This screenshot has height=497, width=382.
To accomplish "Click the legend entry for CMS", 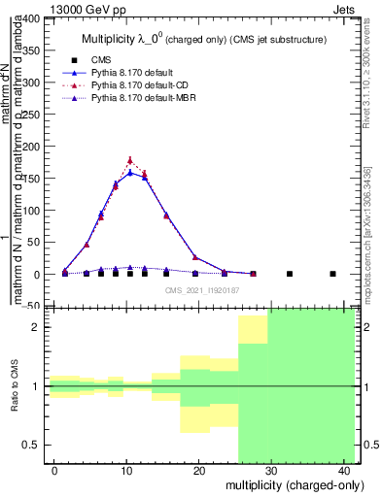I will [x=101, y=60].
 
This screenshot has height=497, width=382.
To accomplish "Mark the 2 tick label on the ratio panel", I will [x=39, y=327].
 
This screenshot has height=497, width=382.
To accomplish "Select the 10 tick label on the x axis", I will [x=126, y=470].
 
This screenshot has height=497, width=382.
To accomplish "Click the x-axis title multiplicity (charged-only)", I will [x=293, y=484].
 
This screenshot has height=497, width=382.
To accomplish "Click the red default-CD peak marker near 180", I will [x=130, y=160].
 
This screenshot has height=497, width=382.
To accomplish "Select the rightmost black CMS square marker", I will [x=332, y=274].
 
